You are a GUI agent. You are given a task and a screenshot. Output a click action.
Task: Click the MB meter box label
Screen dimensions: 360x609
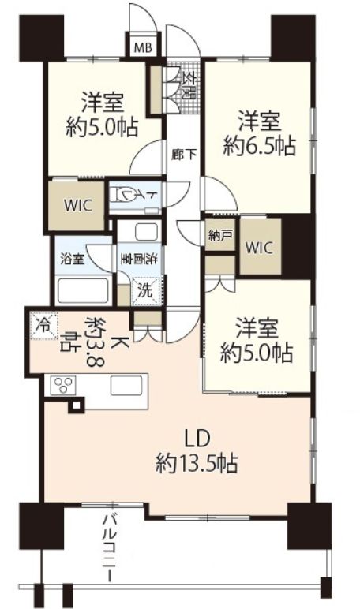[143, 48]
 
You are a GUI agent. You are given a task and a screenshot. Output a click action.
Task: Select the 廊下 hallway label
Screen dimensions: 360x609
[184, 155]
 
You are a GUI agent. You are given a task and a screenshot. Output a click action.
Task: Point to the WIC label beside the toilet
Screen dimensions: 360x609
[77, 204]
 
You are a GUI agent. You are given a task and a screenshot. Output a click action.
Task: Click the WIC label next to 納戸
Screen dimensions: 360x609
[259, 248]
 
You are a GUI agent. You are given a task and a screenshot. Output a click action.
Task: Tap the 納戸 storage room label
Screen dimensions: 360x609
[220, 235]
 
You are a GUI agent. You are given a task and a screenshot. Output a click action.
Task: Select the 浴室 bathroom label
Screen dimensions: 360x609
[73, 259]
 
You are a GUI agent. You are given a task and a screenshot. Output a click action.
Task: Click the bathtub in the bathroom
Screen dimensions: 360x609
[82, 290]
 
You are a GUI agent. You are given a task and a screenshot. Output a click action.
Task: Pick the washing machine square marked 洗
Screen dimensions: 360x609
[146, 290]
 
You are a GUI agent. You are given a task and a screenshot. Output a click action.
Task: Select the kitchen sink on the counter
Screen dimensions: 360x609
[126, 386]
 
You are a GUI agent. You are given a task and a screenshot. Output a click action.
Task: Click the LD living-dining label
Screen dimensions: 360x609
[197, 438]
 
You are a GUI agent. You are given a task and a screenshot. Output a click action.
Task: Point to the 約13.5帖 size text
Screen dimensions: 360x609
[197, 462]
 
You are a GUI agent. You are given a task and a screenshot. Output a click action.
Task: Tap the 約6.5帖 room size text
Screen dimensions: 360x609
[259, 146]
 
